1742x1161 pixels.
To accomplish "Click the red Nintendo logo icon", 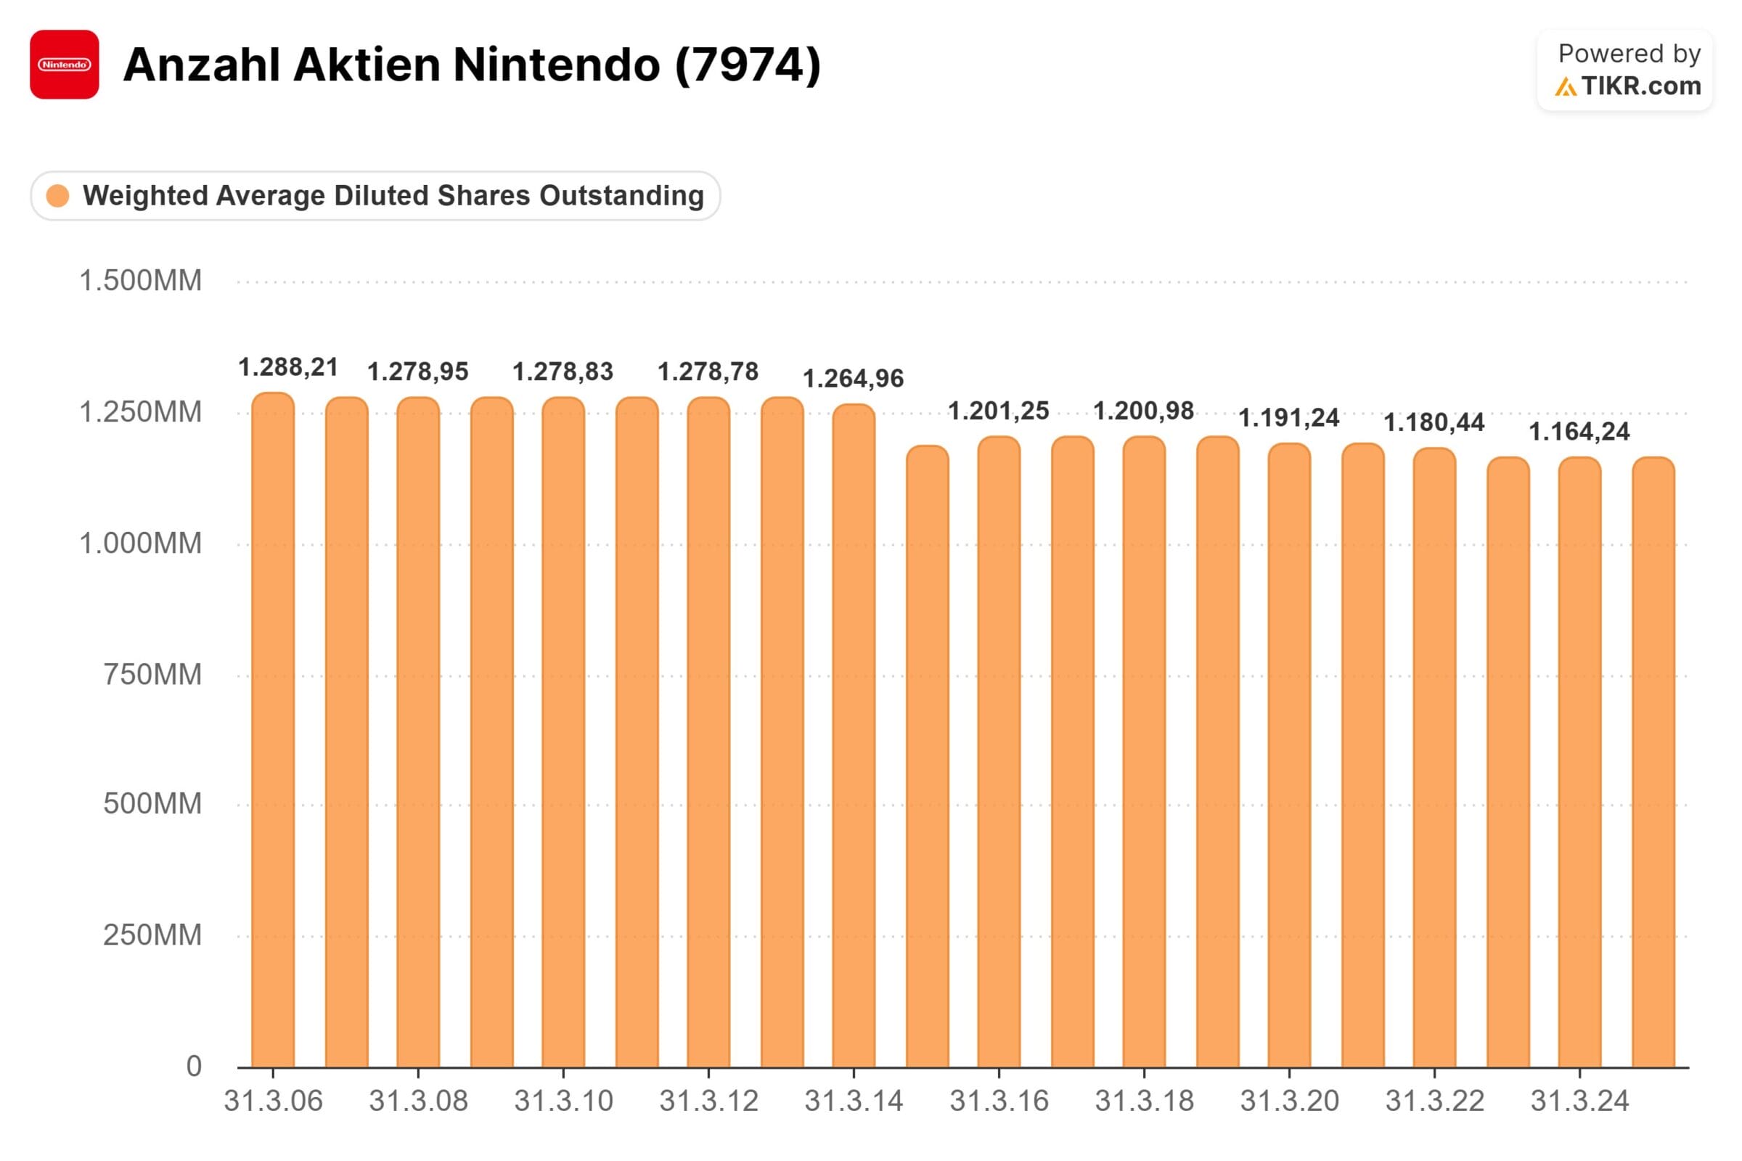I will tap(65, 65).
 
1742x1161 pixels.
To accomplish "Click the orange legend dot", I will tap(58, 196).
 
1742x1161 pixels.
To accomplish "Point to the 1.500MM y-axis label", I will tap(140, 282).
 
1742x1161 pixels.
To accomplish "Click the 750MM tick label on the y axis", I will tap(152, 675).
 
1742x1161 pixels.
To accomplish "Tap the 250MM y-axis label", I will tap(152, 935).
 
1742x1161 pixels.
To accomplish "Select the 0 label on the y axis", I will tap(193, 1066).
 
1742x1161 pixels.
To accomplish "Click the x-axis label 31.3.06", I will tap(274, 1101).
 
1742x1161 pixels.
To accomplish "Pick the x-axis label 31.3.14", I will tap(854, 1101).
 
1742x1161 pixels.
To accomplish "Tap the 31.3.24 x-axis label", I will tap(1580, 1101).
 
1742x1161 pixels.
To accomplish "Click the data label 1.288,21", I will tap(288, 367).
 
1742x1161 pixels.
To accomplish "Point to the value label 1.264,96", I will tap(854, 379).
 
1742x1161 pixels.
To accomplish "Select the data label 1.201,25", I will tap(999, 411).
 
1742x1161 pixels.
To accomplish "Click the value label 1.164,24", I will tap(1579, 432).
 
